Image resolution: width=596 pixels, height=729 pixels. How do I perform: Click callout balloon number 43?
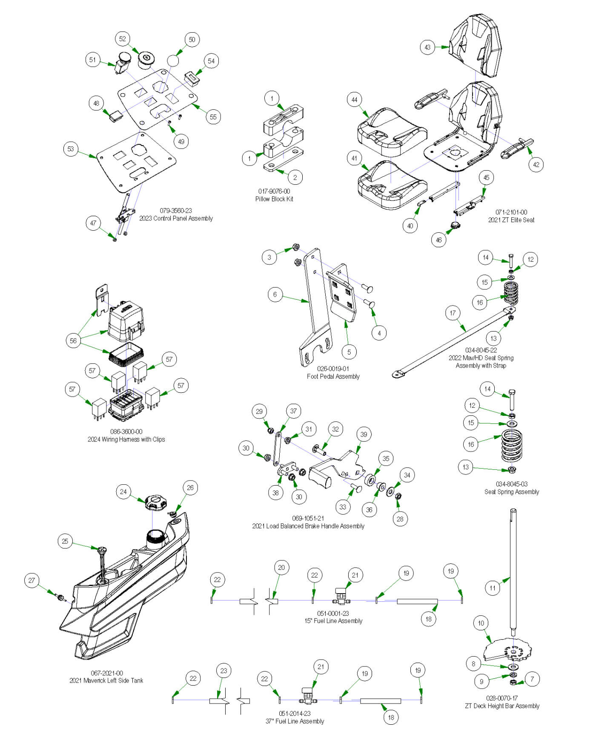427,47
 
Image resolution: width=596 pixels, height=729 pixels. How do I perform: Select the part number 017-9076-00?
274,192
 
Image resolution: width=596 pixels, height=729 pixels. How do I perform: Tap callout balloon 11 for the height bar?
492,588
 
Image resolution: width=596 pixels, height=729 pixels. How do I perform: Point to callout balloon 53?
71,149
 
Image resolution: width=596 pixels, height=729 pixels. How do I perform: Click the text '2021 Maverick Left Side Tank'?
106,680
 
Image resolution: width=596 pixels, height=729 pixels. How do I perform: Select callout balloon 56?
73,340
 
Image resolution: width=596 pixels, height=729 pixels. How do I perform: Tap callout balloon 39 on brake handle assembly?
364,435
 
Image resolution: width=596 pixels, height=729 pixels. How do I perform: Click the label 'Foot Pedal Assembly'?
333,377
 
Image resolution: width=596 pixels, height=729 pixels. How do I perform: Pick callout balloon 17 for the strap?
453,313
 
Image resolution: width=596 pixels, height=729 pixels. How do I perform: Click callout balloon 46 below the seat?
438,240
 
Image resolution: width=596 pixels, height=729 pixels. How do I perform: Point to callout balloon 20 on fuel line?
281,567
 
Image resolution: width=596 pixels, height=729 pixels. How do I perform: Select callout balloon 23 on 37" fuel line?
224,671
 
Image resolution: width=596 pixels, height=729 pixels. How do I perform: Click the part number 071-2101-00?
511,212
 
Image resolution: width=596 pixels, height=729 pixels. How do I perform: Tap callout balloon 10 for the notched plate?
481,623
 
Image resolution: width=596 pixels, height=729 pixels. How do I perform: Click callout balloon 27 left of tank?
32,580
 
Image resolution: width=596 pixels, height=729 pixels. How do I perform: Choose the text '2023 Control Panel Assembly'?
176,218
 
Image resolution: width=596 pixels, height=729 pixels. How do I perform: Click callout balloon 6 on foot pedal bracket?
275,294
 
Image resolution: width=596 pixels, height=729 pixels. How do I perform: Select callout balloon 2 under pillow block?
295,177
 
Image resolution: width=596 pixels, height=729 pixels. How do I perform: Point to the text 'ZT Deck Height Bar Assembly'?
502,706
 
